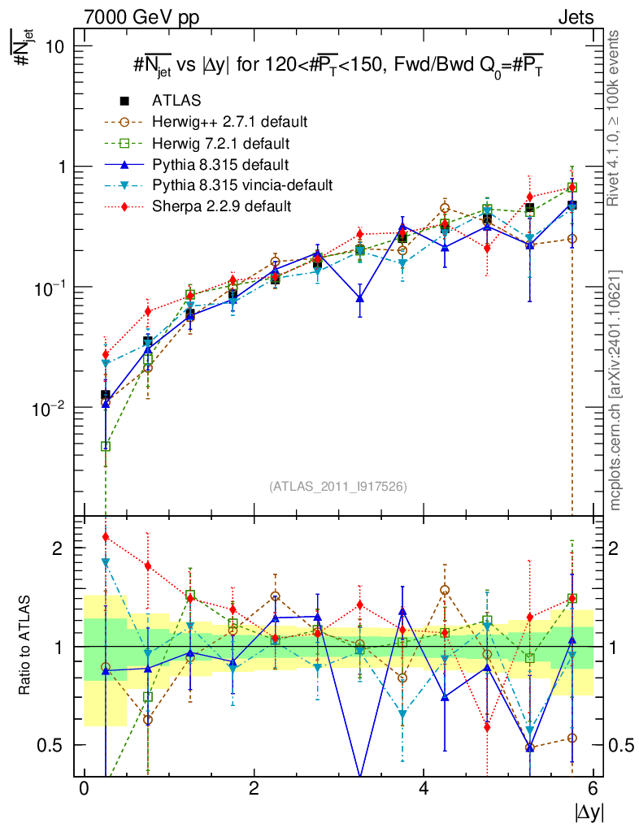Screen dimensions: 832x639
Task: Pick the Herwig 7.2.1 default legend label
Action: [x=222, y=143]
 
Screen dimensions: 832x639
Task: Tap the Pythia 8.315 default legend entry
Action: [x=220, y=164]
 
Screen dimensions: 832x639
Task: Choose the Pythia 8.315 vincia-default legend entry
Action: [x=242, y=185]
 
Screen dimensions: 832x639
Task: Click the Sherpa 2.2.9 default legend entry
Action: [x=221, y=206]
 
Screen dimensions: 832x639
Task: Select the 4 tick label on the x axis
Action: [x=424, y=789]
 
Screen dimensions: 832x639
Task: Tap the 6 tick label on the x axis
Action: [x=593, y=789]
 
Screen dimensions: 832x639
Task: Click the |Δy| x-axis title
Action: [x=589, y=811]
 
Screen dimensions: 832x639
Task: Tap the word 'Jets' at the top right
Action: [x=576, y=16]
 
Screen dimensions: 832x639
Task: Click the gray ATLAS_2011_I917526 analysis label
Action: [x=338, y=486]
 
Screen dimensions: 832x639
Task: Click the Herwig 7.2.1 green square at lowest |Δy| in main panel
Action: [x=106, y=446]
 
